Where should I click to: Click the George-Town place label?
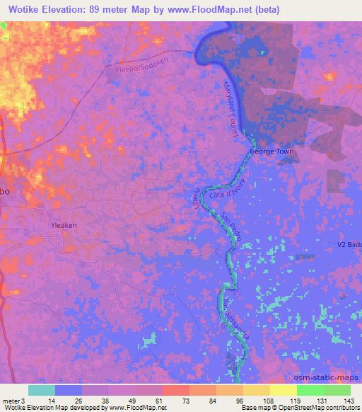point(271,151)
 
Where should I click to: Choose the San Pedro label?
point(232,229)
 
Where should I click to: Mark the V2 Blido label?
point(349,245)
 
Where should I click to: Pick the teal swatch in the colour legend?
point(42,390)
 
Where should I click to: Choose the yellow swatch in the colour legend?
point(282,390)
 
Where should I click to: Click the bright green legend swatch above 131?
point(309,390)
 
